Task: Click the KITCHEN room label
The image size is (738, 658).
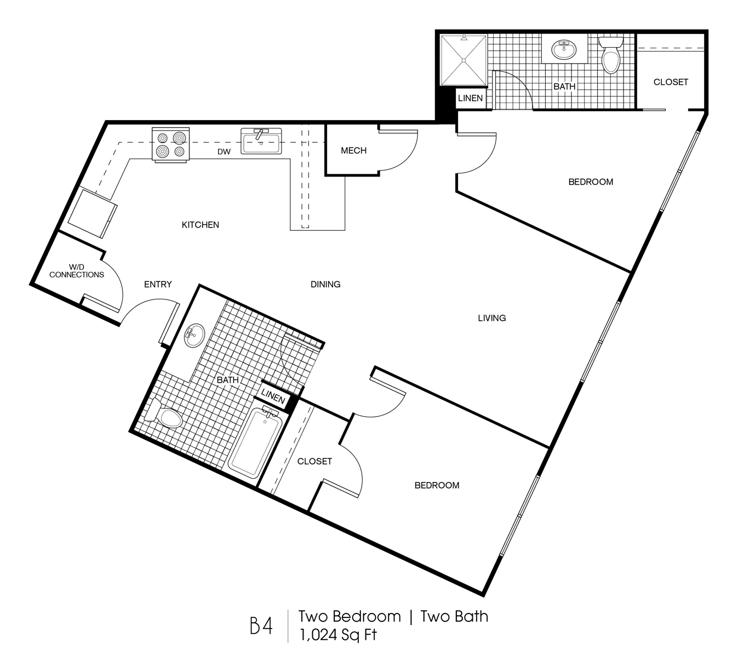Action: coord(201,225)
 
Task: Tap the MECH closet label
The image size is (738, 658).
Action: coord(354,151)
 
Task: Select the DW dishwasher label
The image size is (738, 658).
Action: coord(224,152)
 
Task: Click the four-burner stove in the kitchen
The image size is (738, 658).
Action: coord(171,144)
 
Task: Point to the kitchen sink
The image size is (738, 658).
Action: coord(261,141)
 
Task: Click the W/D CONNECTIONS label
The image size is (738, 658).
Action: coord(77,271)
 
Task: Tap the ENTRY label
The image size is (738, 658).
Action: coord(158,285)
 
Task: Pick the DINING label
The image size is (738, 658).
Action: coord(325,285)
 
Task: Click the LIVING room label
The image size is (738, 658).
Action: coord(492,318)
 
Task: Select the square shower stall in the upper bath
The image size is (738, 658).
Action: coord(464,60)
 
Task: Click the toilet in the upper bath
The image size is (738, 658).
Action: coord(611,55)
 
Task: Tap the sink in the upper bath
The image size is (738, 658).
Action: coord(564,49)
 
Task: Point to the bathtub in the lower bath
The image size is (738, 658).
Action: coord(255,443)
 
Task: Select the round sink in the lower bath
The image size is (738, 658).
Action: coord(194,335)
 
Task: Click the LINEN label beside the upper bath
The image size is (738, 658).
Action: coord(470,98)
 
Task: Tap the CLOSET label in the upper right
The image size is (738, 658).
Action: coord(671,82)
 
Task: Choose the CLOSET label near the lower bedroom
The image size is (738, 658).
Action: coord(314,462)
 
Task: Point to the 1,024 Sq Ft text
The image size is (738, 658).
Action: coord(338,635)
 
